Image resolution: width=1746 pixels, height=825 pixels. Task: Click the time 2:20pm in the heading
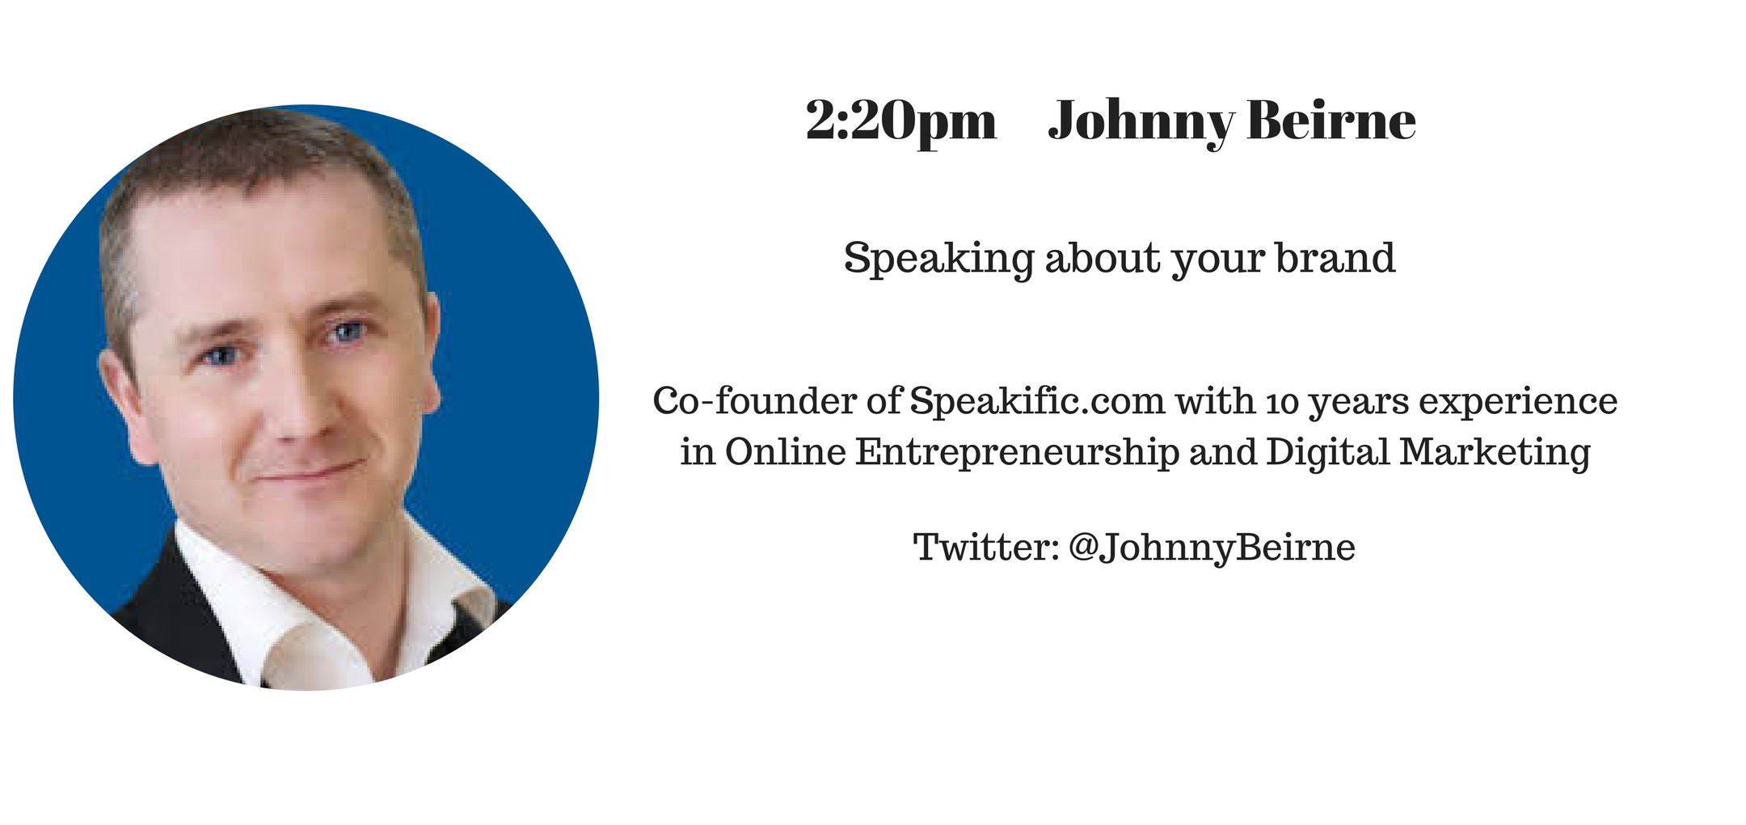(x=901, y=122)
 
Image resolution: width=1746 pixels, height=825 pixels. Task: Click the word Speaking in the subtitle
(x=938, y=259)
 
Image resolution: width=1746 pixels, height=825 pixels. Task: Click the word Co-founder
(x=755, y=401)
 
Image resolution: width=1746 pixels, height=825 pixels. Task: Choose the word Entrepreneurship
(x=1017, y=453)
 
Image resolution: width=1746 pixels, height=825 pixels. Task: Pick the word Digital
(x=1328, y=453)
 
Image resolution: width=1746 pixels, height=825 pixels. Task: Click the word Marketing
(x=1495, y=453)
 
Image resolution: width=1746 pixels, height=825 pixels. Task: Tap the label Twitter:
(x=986, y=548)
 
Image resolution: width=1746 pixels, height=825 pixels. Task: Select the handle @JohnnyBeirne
(x=1212, y=548)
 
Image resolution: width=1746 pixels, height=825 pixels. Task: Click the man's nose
(x=303, y=404)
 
